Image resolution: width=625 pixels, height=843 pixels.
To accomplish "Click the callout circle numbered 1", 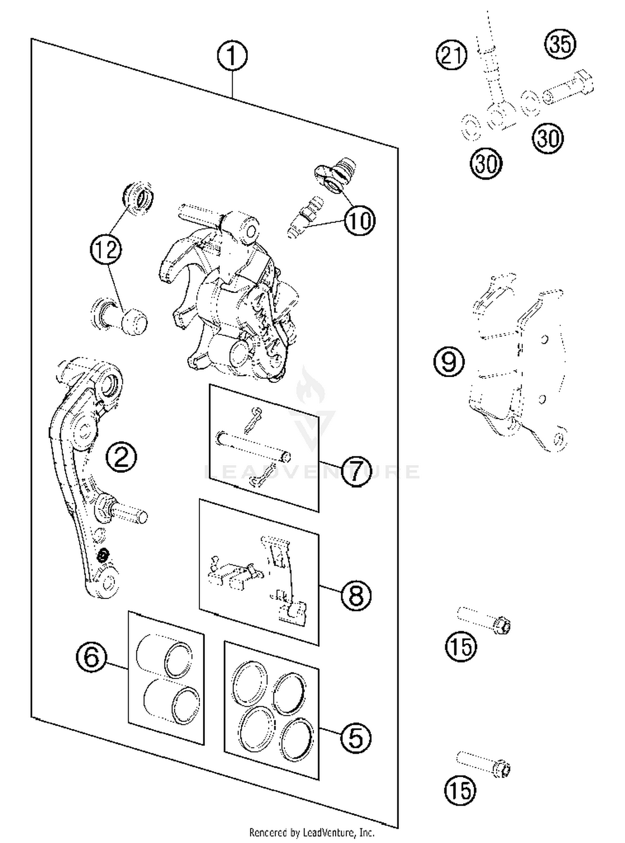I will tap(232, 55).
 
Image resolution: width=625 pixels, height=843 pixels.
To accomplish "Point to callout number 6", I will tap(92, 657).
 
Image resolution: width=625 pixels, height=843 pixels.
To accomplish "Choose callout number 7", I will tap(355, 471).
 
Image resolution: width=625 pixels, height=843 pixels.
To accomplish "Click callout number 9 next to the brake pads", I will tap(449, 361).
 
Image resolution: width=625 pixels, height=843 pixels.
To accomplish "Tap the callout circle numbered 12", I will tap(106, 249).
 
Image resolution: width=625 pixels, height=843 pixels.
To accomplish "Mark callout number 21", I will tap(452, 55).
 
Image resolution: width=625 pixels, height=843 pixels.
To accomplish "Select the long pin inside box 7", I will tap(253, 447).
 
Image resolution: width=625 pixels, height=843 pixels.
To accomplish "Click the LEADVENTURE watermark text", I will tap(312, 471).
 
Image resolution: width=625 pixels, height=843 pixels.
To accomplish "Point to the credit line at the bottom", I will tap(312, 832).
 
